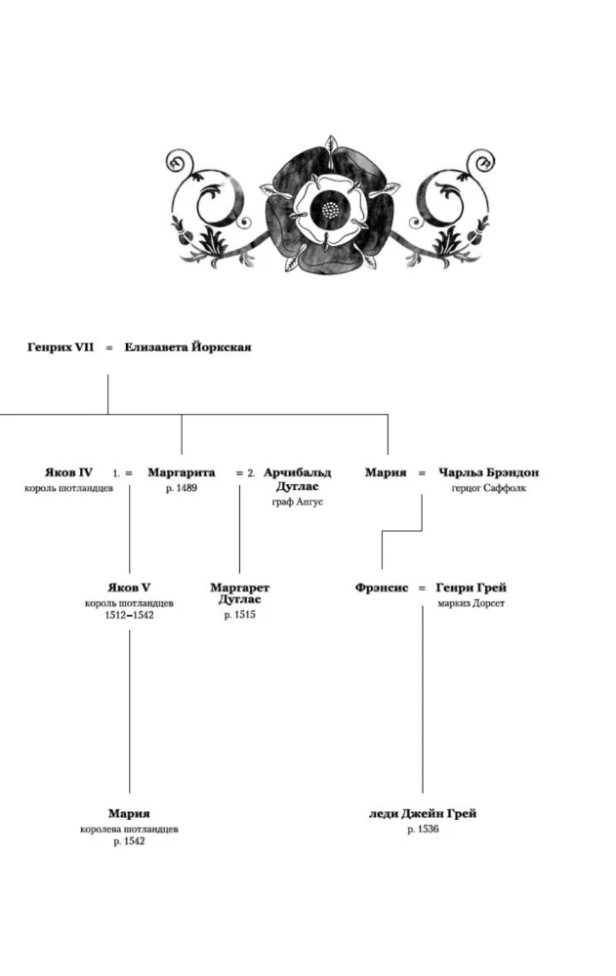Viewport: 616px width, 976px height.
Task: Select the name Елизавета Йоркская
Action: coord(187,346)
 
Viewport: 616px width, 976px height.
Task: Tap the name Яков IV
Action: coord(69,472)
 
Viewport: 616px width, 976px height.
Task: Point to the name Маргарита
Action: coord(182,472)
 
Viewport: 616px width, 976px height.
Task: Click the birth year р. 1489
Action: coord(182,488)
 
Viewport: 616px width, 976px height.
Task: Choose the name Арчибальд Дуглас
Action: coord(298,479)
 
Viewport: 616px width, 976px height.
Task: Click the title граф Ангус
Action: coord(298,502)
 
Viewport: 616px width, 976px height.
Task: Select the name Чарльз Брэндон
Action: coord(489,472)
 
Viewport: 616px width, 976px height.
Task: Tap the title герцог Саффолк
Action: coord(489,488)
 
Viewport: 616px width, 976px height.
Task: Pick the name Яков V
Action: coord(129,588)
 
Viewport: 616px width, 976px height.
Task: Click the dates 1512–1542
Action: coord(129,615)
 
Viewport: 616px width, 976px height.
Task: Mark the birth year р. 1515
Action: coord(240,615)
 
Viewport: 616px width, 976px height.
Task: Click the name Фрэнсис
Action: coord(382,588)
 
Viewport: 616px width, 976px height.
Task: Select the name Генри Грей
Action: coord(472,588)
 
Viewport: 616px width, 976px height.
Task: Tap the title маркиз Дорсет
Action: coord(472,603)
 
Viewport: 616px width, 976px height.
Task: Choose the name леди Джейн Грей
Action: coord(423,813)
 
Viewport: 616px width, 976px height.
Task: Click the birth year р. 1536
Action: coord(423,829)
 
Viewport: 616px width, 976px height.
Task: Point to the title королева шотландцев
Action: coord(129,829)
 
